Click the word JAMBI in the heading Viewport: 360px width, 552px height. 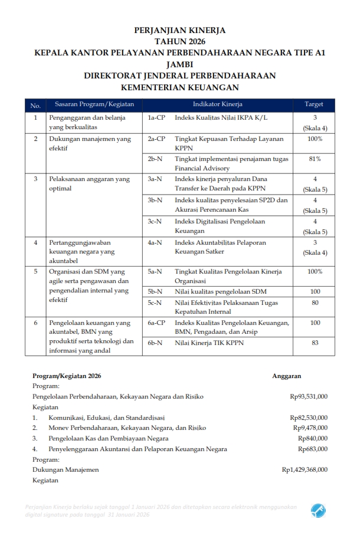180,64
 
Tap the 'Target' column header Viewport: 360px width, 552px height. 313,104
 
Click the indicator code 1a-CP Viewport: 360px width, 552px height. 156,118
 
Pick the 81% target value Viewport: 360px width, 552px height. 315,159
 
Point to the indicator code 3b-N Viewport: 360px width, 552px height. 155,200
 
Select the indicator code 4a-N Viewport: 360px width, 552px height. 155,242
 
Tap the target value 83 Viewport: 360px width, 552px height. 315,342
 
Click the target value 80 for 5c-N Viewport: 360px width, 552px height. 315,303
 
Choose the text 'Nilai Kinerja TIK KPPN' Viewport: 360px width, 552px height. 209,342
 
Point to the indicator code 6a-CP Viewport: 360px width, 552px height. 156,323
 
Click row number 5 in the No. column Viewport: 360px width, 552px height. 35,271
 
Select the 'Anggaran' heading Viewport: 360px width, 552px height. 287,376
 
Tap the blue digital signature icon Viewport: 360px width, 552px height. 319,510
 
